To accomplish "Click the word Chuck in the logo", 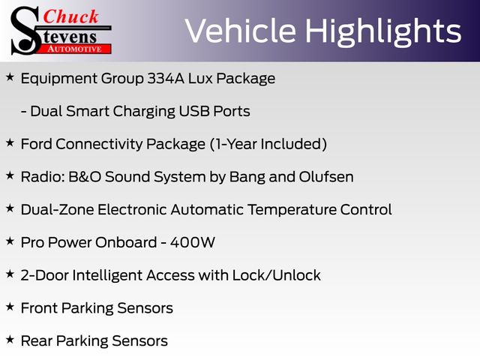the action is (x=70, y=16).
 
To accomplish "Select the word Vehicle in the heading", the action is (x=241, y=31).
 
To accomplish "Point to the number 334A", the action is (x=166, y=78).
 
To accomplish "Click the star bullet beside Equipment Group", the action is (x=10, y=77).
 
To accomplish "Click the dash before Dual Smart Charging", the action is (x=23, y=112).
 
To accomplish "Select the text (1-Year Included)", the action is (x=268, y=144).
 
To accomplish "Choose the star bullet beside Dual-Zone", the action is (x=10, y=208).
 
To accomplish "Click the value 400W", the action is (x=193, y=242).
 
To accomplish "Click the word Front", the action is (x=39, y=308).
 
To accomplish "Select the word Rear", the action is (x=37, y=340).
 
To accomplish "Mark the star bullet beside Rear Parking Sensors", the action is (x=10, y=340).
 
